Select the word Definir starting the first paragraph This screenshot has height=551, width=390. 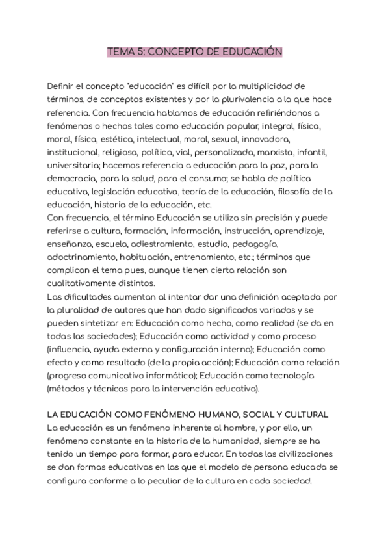62,86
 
